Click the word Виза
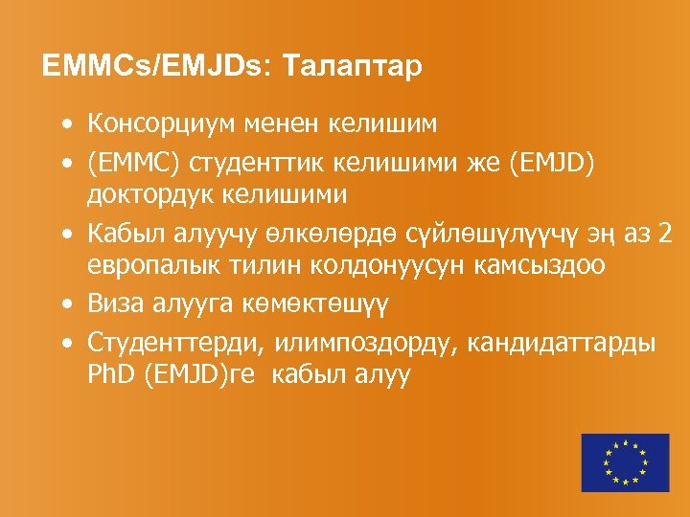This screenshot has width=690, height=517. [114, 303]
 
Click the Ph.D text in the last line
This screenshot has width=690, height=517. [110, 374]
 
